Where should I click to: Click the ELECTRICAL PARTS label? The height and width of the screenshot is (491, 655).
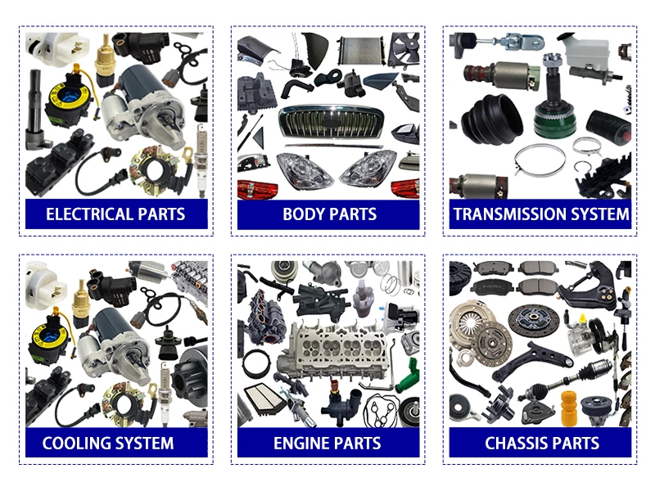(115, 215)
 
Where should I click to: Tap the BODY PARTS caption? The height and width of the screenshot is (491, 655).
(329, 215)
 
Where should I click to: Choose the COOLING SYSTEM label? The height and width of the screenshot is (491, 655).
(108, 444)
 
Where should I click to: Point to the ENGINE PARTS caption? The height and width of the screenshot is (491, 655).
(327, 444)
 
